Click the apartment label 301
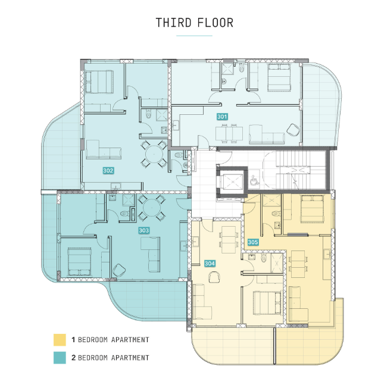click(x=222, y=117)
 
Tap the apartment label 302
click(x=108, y=170)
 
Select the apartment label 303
click(x=143, y=230)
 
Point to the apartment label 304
click(x=210, y=264)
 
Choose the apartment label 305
click(x=253, y=242)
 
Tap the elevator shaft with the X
click(x=232, y=182)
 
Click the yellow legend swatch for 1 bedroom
click(x=60, y=340)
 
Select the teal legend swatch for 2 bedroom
click(x=60, y=358)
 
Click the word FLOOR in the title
click(x=215, y=23)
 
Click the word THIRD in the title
click(x=174, y=23)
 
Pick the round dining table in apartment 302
click(x=154, y=154)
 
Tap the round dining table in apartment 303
click(x=151, y=208)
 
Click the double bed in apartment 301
click(x=279, y=77)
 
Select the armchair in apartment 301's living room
click(x=293, y=129)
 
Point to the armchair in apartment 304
click(x=214, y=277)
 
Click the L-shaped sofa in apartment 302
click(x=104, y=150)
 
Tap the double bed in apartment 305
click(x=312, y=209)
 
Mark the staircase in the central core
click(x=301, y=170)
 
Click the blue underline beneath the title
click(x=194, y=36)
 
